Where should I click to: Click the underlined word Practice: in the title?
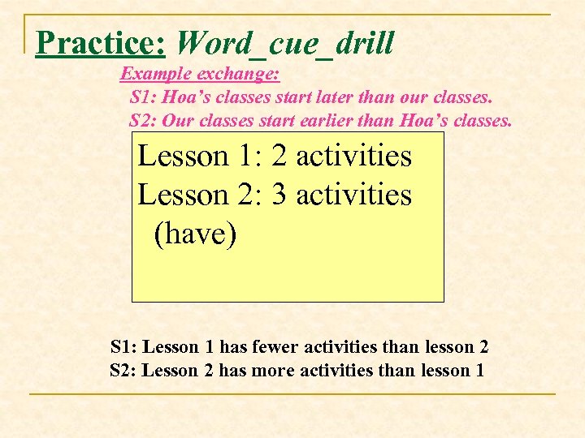(x=101, y=42)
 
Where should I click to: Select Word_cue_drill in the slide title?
(x=284, y=42)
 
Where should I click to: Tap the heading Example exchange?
(x=200, y=75)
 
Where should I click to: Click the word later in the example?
(x=326, y=98)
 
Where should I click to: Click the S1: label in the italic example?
(x=144, y=98)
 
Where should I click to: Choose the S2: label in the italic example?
(x=144, y=122)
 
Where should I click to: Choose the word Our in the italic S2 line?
(x=174, y=122)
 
